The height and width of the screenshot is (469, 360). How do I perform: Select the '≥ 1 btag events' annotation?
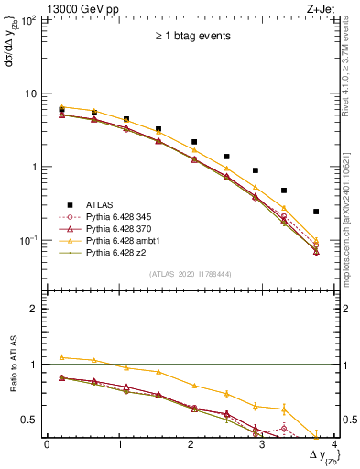click(192, 37)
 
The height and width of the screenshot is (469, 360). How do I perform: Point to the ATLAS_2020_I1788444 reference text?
click(191, 272)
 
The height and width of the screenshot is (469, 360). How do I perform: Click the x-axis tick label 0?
click(47, 444)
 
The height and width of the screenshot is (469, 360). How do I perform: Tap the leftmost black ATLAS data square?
click(61, 111)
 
